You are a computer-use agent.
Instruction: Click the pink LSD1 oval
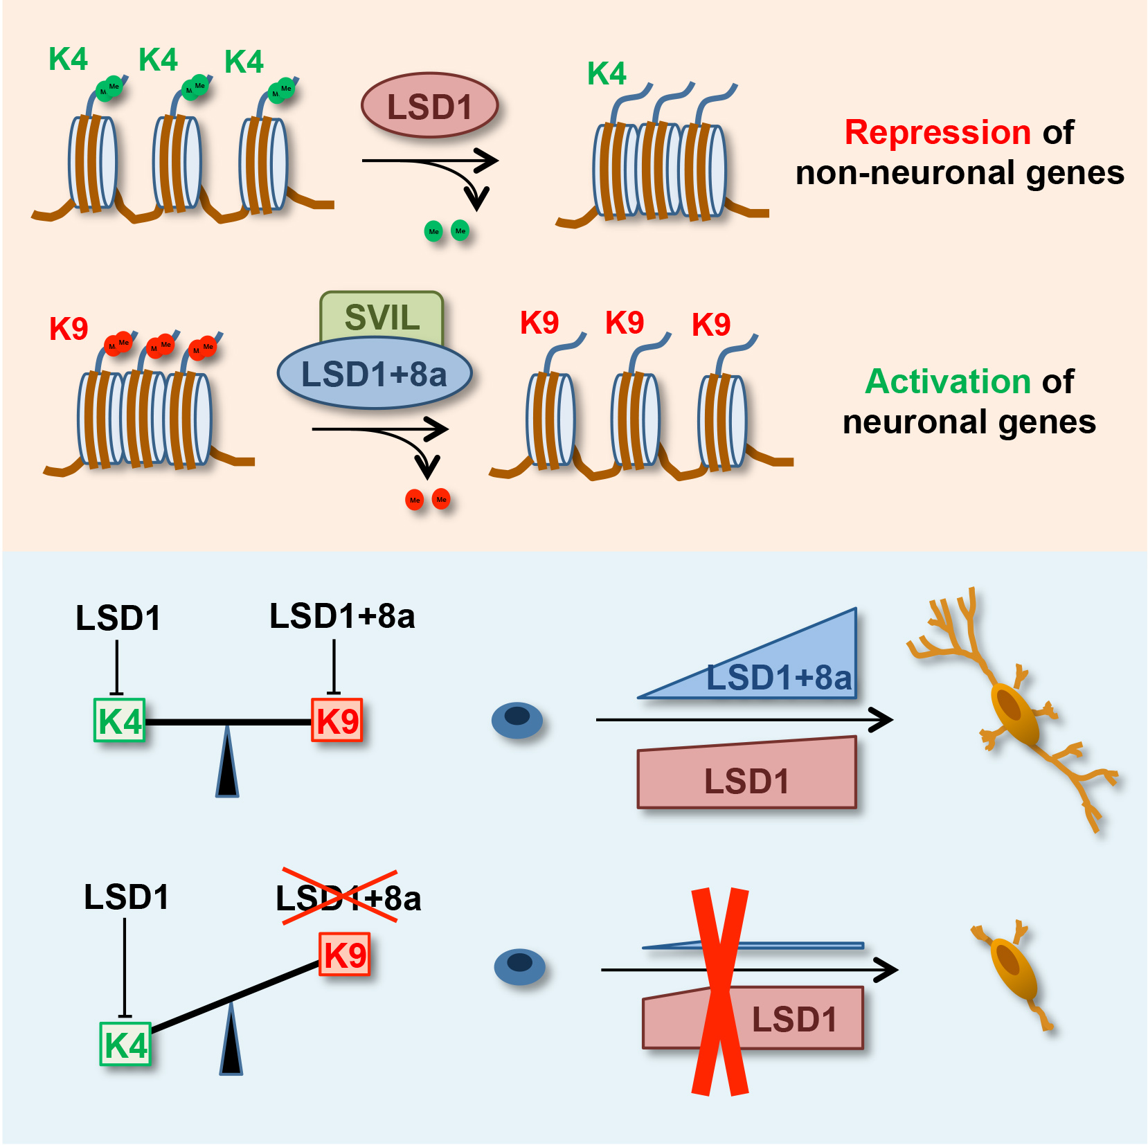click(x=429, y=106)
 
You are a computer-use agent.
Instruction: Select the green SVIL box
click(x=382, y=315)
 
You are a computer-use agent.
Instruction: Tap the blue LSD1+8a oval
click(x=374, y=374)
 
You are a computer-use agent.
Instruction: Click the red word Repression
click(x=938, y=132)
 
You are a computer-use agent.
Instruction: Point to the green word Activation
click(x=948, y=381)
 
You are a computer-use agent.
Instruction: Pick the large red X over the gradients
click(x=720, y=991)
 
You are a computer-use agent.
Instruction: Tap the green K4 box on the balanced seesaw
click(x=119, y=721)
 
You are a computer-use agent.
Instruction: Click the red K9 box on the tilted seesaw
click(x=344, y=955)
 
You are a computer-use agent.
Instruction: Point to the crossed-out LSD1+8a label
click(x=348, y=899)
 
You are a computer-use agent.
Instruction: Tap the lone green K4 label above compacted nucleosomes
click(x=607, y=73)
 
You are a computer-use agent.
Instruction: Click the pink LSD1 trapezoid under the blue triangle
click(x=746, y=775)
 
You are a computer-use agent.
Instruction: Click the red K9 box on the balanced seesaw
click(x=337, y=721)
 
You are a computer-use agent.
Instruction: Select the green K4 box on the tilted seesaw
click(x=125, y=1044)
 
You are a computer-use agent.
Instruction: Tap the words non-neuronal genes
click(x=960, y=172)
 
